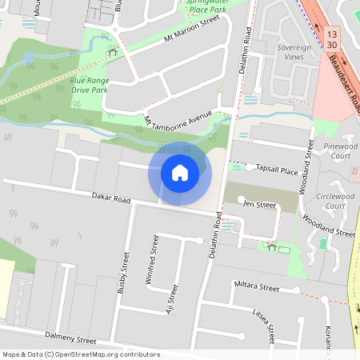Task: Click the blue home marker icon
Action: point(180,173)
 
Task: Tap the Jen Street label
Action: point(259,205)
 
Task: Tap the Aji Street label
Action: point(170,300)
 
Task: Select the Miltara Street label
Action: point(256,286)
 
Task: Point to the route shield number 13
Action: point(332,34)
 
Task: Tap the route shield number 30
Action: point(332,46)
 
